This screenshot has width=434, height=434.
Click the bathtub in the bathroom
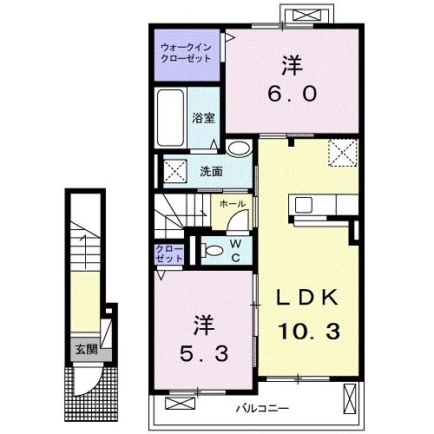tap(171, 120)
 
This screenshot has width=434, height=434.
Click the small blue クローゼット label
tap(169, 253)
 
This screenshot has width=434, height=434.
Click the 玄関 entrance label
tap(85, 350)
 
